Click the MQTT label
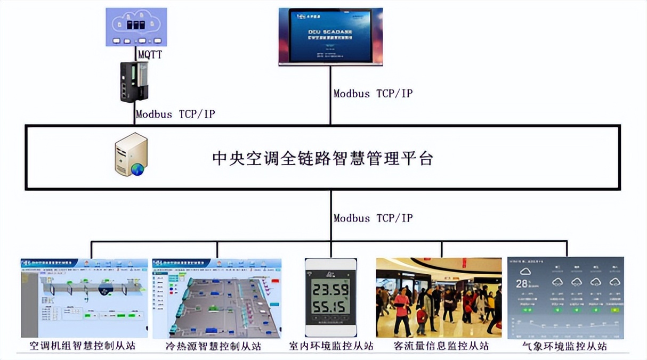(x=150, y=54)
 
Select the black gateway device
(x=134, y=81)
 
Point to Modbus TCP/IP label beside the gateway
(x=175, y=114)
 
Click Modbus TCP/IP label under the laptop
(x=373, y=93)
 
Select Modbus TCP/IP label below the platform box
(x=373, y=218)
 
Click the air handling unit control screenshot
(x=84, y=298)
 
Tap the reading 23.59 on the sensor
(x=330, y=290)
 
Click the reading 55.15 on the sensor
(x=330, y=308)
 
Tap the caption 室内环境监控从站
(x=331, y=346)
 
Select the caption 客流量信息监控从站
(x=441, y=346)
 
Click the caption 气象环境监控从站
(x=564, y=346)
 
